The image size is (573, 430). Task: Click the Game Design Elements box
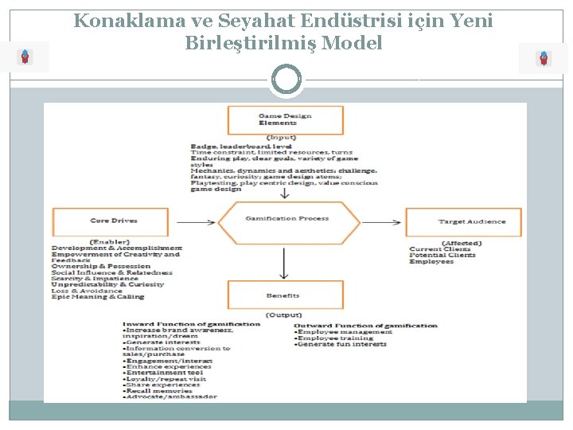(285, 120)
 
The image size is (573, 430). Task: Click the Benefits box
(285, 295)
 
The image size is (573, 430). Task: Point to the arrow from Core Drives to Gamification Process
(195, 222)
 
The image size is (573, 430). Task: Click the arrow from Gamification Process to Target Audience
(383, 221)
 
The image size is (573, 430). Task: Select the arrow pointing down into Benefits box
(285, 261)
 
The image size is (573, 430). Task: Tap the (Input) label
(283, 138)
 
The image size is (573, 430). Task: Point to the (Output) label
(283, 315)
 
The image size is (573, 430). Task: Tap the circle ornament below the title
(286, 80)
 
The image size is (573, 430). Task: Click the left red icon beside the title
(26, 57)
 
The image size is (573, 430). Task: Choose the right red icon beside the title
(544, 58)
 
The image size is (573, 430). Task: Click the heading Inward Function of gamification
(191, 324)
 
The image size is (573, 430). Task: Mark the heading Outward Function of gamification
(365, 325)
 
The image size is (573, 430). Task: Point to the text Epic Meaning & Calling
(98, 297)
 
